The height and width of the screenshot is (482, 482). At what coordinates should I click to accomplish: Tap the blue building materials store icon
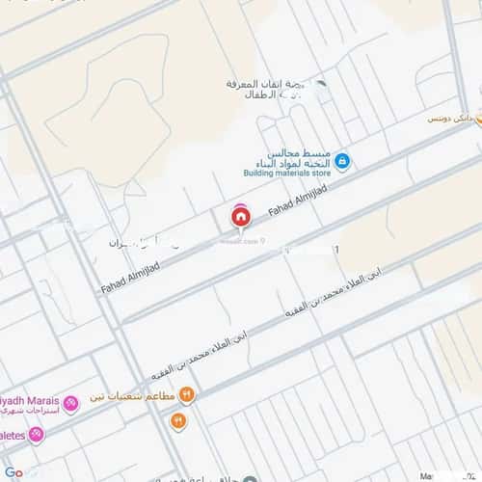pyautogui.click(x=342, y=162)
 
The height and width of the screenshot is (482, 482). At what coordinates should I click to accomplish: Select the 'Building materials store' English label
pyautogui.click(x=286, y=174)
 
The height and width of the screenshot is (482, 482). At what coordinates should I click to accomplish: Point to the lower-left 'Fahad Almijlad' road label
pyautogui.click(x=128, y=274)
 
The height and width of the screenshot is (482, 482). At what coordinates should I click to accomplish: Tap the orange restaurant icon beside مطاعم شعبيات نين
pyautogui.click(x=187, y=394)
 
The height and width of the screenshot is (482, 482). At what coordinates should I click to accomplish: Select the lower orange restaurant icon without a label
pyautogui.click(x=178, y=420)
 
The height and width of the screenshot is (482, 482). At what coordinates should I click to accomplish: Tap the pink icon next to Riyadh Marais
pyautogui.click(x=70, y=403)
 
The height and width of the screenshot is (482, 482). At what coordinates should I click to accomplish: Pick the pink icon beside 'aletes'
pyautogui.click(x=37, y=435)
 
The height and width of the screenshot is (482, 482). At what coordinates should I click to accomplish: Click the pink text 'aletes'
pyautogui.click(x=13, y=435)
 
